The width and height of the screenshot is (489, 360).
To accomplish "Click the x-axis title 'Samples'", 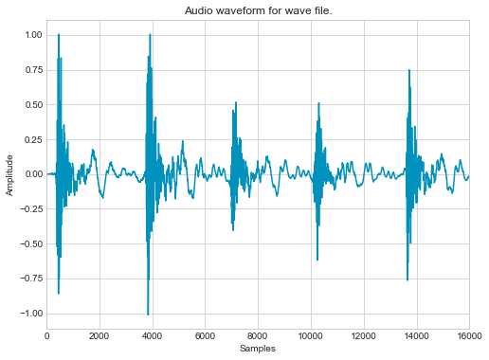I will tap(258, 350).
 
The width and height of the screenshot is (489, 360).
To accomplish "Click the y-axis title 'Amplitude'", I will tap(11, 174).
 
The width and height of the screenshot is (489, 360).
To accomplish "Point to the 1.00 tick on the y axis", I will tap(31, 35).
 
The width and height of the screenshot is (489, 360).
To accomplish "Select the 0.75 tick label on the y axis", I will tap(31, 70).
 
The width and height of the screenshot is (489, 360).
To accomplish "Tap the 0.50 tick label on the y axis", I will tap(31, 105).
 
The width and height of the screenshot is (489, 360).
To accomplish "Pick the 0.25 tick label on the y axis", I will tap(31, 139).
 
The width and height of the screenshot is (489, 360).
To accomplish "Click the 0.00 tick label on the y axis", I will tap(31, 174).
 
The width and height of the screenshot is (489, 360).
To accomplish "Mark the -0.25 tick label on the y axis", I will tap(29, 209).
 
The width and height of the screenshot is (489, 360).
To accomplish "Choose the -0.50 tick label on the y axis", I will tap(29, 243).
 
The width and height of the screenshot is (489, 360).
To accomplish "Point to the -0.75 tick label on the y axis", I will tap(29, 279).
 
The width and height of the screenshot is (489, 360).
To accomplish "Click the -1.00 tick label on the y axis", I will tap(29, 314).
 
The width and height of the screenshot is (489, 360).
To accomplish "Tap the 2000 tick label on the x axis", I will tap(100, 335).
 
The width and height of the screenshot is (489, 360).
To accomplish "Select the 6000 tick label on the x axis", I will tap(206, 335).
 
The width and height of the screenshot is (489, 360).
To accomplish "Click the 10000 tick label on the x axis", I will tap(311, 335).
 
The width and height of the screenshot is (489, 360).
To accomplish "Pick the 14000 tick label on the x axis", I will tap(417, 335).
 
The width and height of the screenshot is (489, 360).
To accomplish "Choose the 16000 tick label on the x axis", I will tap(468, 335).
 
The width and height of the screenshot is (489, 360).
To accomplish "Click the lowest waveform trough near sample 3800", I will tap(148, 314).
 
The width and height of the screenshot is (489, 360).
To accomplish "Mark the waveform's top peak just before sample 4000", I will tap(151, 35).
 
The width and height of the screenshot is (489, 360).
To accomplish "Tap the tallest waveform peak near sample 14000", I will tap(408, 70).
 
